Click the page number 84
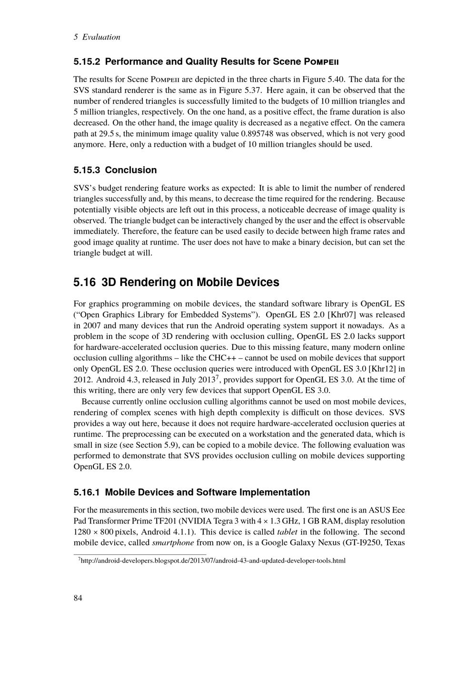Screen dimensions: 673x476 78,598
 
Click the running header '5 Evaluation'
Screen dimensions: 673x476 97,37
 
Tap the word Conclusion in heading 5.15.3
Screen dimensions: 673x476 131,170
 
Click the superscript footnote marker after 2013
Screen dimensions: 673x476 218,377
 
